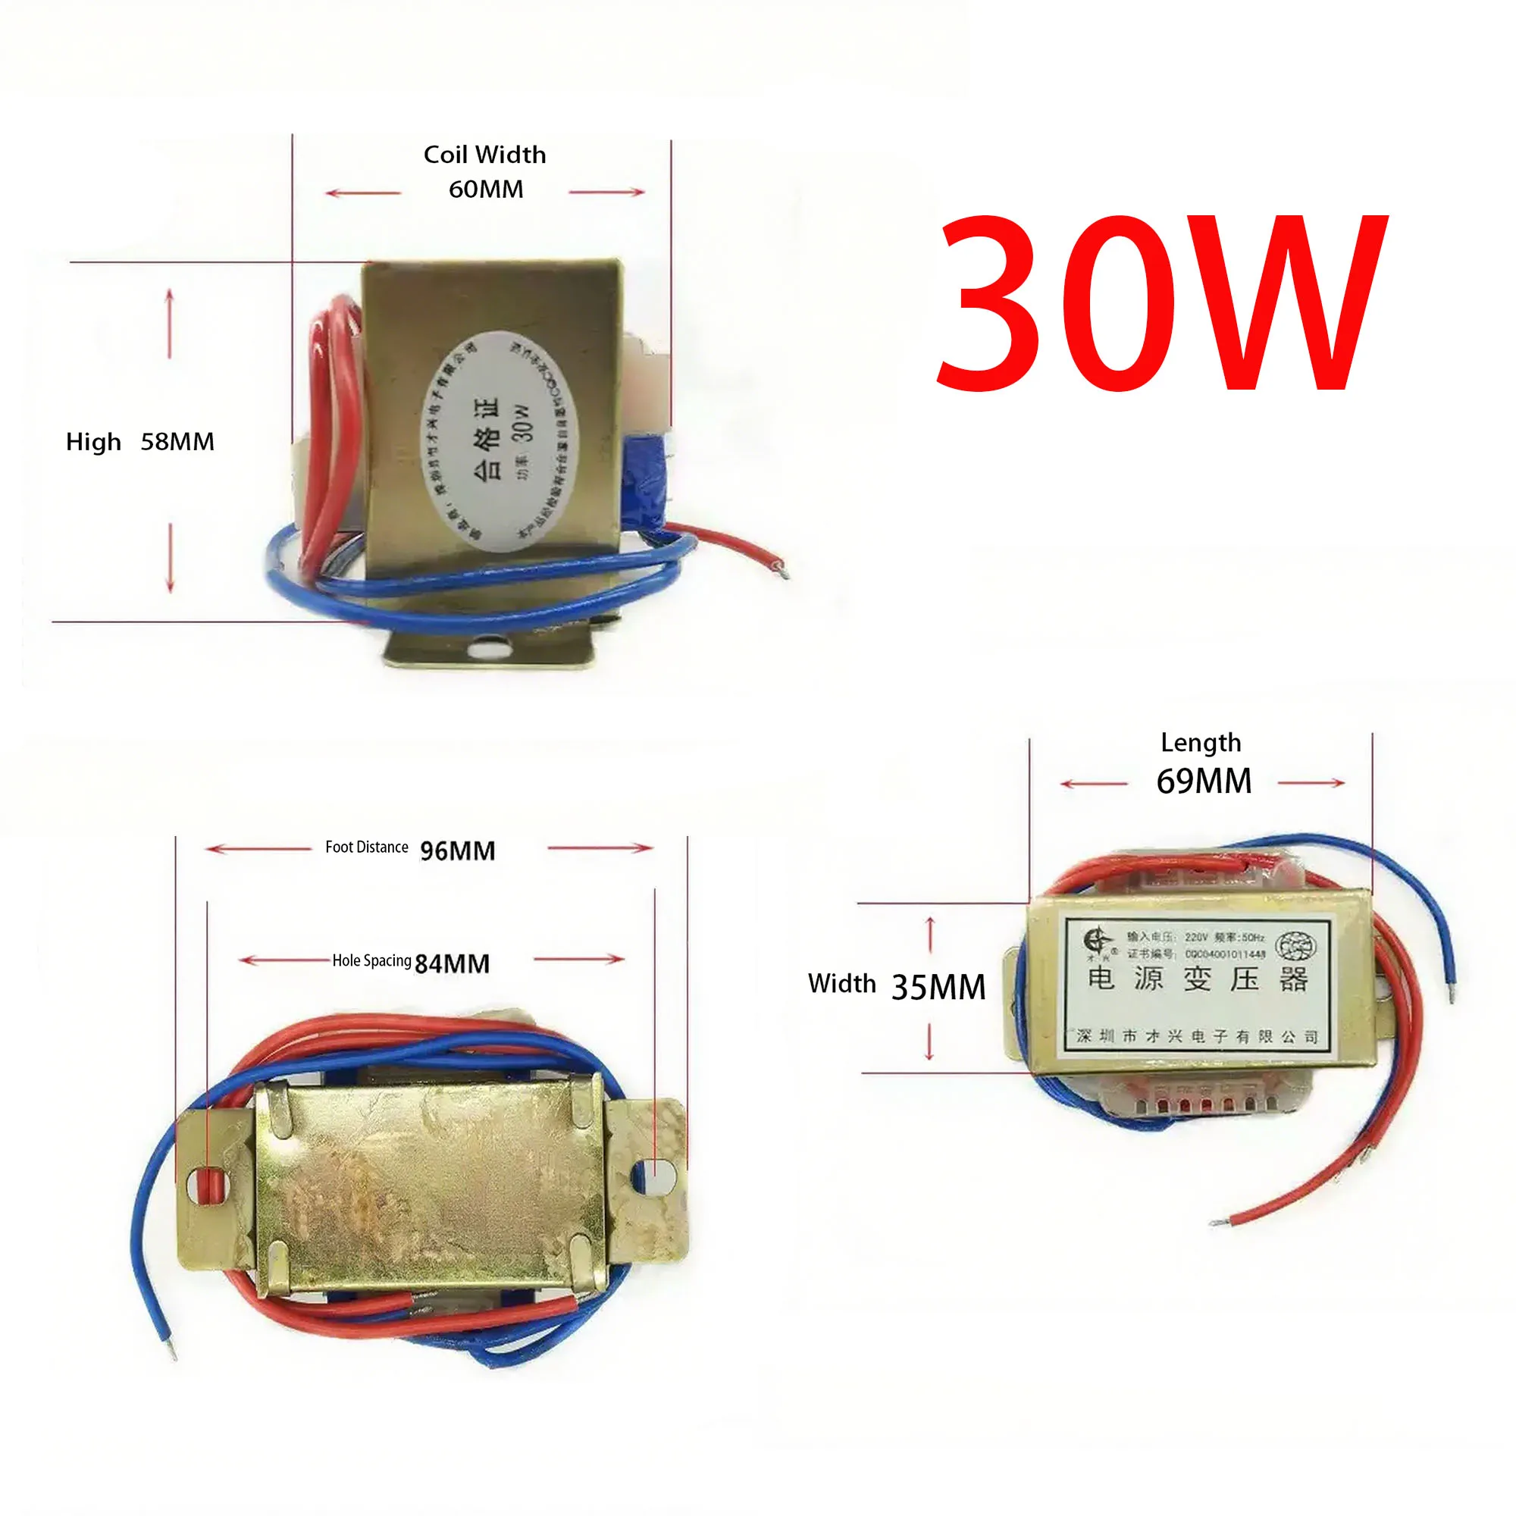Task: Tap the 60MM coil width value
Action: tap(486, 189)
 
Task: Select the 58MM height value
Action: tap(177, 442)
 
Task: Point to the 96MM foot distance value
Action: tap(458, 850)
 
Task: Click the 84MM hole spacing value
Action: tap(452, 963)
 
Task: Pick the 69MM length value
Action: tap(1204, 781)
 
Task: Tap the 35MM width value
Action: tap(938, 987)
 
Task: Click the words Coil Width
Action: tap(485, 155)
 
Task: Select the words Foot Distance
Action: tap(366, 847)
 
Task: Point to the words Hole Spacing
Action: tap(371, 960)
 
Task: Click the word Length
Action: tap(1201, 742)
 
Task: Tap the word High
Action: tap(93, 442)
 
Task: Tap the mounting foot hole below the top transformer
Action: tap(488, 649)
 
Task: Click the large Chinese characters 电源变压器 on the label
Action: tap(1198, 980)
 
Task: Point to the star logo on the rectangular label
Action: tap(1098, 940)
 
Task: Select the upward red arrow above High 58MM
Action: tap(170, 321)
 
